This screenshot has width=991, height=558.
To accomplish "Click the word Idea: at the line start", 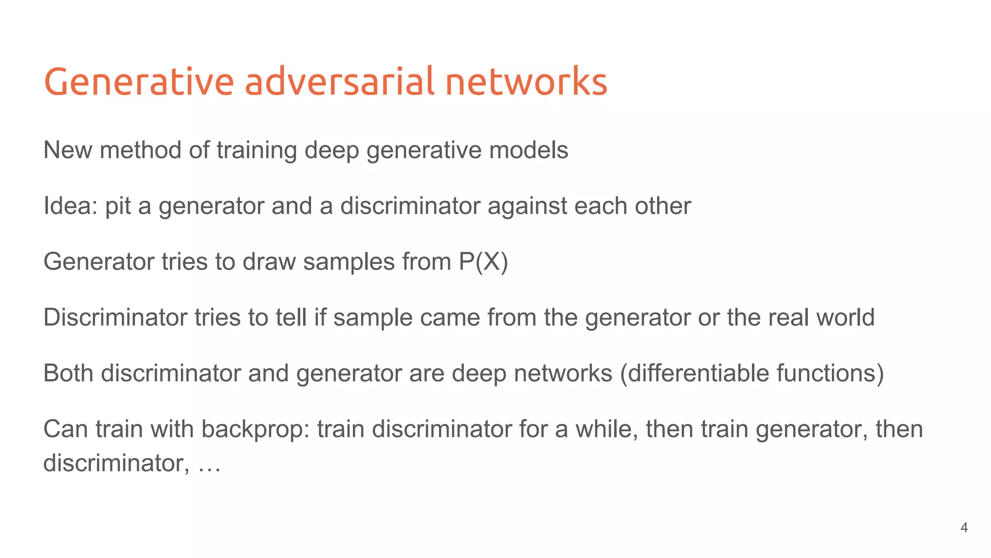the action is [x=71, y=206].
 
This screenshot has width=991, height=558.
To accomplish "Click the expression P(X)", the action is [x=483, y=262].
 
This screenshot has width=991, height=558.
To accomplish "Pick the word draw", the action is [x=269, y=262].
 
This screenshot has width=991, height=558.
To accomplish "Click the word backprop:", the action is [x=256, y=430].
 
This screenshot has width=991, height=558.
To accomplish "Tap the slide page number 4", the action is [x=964, y=527].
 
